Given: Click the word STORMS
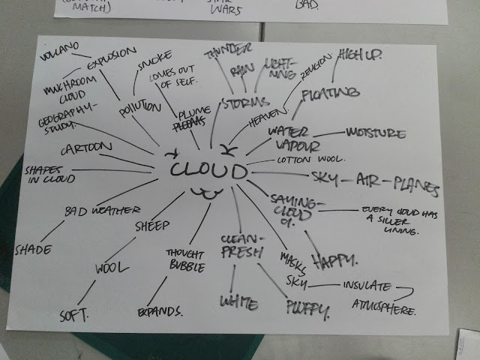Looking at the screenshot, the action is point(245,102).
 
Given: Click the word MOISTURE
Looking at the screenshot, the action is point(375,133).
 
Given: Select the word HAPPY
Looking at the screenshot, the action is point(334,261).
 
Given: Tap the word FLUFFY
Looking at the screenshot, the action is point(307,306).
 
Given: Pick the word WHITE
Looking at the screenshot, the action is point(238,302).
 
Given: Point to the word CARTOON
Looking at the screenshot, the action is point(86,146).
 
